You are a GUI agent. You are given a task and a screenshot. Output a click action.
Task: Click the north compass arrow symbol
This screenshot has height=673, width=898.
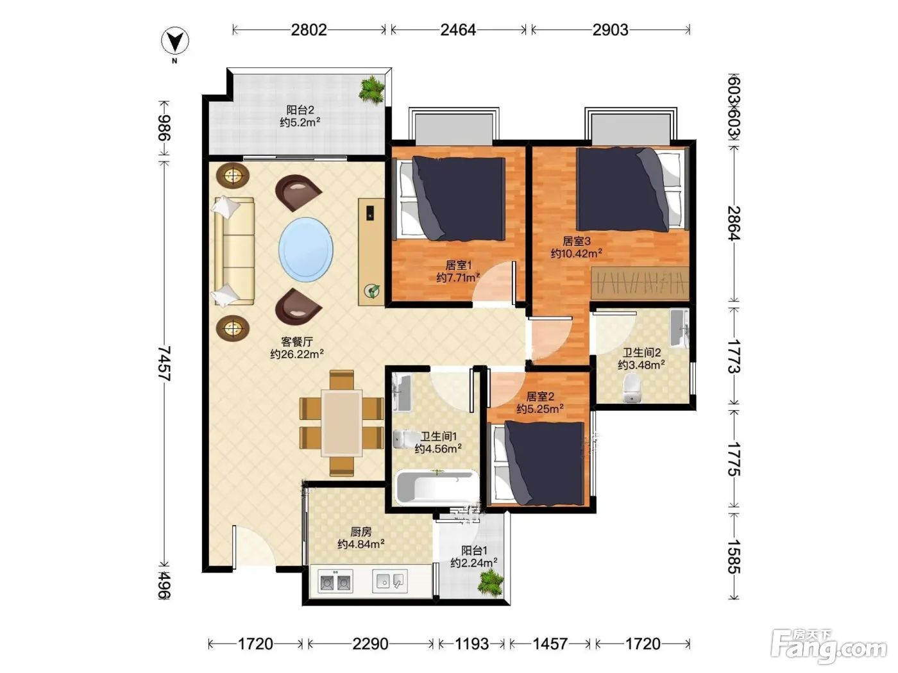click(x=174, y=41)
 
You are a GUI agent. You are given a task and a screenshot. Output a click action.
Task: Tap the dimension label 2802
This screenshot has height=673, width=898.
click(x=309, y=30)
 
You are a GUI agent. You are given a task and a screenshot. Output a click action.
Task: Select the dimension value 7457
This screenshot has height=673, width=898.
click(x=164, y=363)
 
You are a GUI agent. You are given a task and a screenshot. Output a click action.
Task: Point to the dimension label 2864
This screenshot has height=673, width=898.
click(x=734, y=223)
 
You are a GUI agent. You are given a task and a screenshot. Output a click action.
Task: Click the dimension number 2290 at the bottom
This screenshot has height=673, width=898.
click(x=370, y=644)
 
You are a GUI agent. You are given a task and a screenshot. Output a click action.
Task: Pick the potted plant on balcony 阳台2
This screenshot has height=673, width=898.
click(x=371, y=90)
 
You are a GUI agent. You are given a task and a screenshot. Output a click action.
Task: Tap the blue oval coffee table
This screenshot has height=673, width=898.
click(x=305, y=249)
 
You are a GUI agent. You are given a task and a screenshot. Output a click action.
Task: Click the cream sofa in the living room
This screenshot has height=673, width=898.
click(x=233, y=251)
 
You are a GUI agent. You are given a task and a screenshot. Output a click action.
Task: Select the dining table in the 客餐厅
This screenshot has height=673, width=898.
click(x=342, y=422)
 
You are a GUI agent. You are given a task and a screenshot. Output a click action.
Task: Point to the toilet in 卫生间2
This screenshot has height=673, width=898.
click(x=632, y=388)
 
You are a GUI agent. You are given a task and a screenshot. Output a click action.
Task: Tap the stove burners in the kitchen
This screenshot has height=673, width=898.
click(x=335, y=581)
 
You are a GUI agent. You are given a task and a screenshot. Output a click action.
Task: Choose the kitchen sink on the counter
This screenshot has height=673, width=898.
click(x=389, y=581)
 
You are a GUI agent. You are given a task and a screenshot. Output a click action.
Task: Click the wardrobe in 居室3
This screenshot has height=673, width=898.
click(x=640, y=283)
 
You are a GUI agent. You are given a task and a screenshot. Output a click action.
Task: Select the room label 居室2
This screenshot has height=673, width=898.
click(x=540, y=396)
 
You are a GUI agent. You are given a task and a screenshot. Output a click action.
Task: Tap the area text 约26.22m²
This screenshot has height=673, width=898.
click(x=297, y=354)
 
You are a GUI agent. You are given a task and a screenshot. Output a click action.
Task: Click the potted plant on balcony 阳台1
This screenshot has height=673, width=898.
click(x=490, y=583)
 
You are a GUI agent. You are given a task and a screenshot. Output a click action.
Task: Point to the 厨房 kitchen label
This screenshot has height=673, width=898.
click(x=361, y=531)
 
